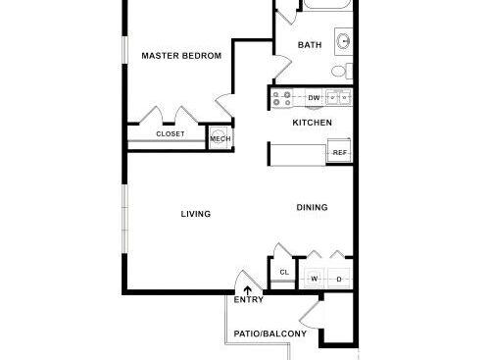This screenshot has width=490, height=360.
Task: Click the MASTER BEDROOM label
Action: coord(181,56)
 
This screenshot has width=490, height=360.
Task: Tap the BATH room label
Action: coord(310,45)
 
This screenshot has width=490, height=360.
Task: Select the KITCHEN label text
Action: coord(313,123)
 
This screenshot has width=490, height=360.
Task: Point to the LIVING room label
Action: coord(196,213)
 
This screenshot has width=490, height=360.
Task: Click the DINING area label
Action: coord(313,207)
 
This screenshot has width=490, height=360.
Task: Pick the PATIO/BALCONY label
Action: coord(270,334)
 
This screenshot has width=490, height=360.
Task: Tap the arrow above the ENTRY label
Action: coord(247,288)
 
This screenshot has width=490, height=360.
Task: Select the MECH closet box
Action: coord(220,139)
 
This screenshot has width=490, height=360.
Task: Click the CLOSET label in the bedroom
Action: coord(171,133)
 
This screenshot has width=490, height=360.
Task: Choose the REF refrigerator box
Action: coord(340,153)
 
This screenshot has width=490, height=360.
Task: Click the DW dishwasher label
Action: coord(314,98)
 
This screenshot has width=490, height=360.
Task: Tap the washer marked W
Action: coord(316,279)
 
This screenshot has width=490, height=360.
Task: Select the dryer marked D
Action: coord(339,279)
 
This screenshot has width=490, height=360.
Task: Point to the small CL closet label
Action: coord(283,273)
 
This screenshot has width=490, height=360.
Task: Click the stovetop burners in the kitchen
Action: coord(282,98)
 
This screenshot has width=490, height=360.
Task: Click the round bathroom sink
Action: coord(345,42)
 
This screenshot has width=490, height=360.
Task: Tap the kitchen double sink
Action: coord(339,97)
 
